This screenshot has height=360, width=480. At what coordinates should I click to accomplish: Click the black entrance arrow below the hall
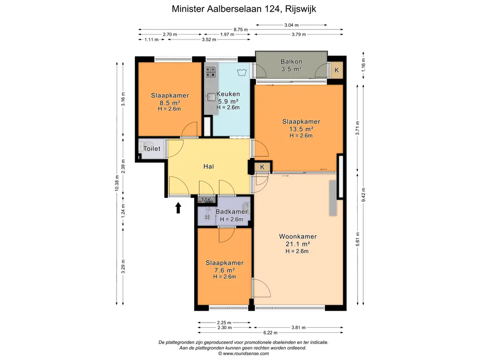pos(178,208)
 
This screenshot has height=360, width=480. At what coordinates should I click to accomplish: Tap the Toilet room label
pos(152,149)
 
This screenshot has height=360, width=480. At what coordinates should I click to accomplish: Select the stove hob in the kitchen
pos(210,72)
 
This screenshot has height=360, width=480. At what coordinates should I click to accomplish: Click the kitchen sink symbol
pos(210,97)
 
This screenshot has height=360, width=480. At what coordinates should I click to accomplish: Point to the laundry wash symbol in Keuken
pos(242,72)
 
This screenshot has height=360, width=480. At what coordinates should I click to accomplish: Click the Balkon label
pos(292,61)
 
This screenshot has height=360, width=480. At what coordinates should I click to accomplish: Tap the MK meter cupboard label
pos(207,200)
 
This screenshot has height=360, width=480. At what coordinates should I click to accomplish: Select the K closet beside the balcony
pos(337,70)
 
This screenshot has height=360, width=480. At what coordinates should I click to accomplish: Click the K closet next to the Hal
pos(262,167)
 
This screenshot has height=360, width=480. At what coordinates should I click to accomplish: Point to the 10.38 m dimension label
pos(117,183)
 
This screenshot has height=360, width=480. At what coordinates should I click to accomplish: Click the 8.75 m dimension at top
pos(240,30)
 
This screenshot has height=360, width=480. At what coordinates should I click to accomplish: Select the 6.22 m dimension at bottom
pos(270,332)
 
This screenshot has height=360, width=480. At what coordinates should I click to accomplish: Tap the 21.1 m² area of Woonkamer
pos(298,244)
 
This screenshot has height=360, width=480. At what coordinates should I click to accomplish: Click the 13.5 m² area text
pos(301,129)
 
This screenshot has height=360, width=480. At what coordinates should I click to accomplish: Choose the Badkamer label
pos(232,211)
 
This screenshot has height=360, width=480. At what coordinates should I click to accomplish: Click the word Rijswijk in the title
pos(300,9)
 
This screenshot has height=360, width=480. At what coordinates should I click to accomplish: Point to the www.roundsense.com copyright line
pos(243,353)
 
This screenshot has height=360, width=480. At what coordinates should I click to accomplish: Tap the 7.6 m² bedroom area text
pos(225,270)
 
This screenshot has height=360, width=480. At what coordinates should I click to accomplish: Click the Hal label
pos(209,166)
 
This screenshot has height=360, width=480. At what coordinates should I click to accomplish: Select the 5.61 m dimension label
pos(358,239)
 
